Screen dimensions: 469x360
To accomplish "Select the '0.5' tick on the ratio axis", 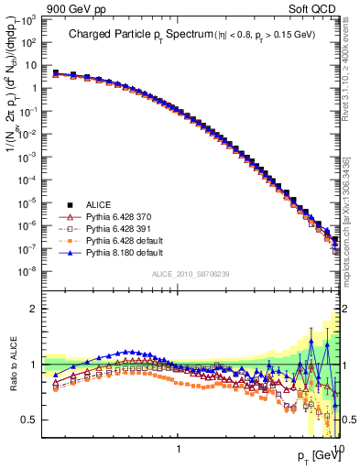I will pos(34,420).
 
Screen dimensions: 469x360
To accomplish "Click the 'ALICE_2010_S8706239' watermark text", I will pos(191,274).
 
